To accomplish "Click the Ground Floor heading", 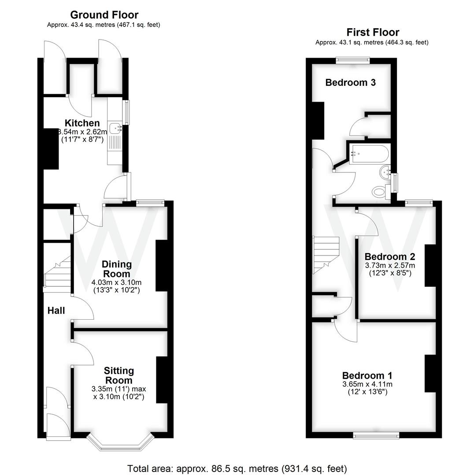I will click(x=104, y=15).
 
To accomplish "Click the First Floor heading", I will click(x=372, y=32).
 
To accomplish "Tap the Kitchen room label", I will click(x=82, y=123).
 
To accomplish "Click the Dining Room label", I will click(x=117, y=269).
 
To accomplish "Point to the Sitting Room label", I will click(x=119, y=375).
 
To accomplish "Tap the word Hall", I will click(x=56, y=311).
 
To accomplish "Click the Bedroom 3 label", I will click(x=350, y=82).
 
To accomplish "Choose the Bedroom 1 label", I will click(x=367, y=376).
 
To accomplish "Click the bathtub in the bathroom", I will click(x=369, y=154).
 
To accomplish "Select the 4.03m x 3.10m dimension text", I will click(x=117, y=282).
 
